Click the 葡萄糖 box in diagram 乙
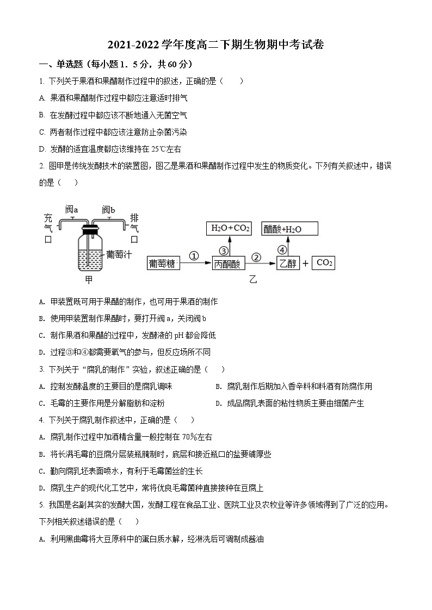[163, 263]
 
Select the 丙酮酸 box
[227, 263]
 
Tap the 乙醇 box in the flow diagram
[288, 263]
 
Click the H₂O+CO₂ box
[231, 229]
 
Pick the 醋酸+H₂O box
[282, 229]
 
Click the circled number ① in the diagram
[194, 256]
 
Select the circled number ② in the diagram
[257, 256]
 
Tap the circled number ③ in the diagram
[223, 250]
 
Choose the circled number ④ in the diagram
[282, 250]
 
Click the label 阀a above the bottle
[72, 210]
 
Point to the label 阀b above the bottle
[108, 210]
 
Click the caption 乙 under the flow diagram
[252, 280]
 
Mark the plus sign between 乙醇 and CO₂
[305, 263]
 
